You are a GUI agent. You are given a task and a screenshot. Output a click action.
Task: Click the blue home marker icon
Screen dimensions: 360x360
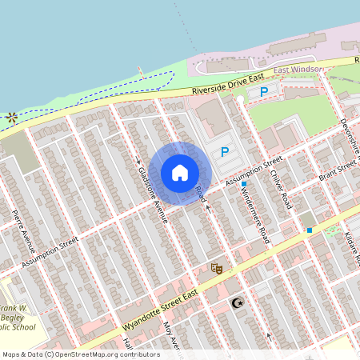tap(180, 173)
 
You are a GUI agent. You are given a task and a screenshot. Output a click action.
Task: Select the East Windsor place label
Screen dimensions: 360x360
tap(298, 70)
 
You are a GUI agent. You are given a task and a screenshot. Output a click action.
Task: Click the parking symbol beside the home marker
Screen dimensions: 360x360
tap(225, 150)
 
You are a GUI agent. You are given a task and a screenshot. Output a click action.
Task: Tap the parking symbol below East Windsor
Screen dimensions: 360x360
tap(263, 92)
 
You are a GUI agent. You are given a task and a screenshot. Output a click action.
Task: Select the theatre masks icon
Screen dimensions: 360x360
tap(214, 268)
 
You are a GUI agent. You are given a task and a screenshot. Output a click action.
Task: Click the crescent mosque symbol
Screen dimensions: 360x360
tap(235, 303)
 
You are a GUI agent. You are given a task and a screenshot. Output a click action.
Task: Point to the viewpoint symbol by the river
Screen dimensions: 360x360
tap(11, 117)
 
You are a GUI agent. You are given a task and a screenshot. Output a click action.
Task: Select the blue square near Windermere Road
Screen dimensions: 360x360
tap(244, 185)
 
